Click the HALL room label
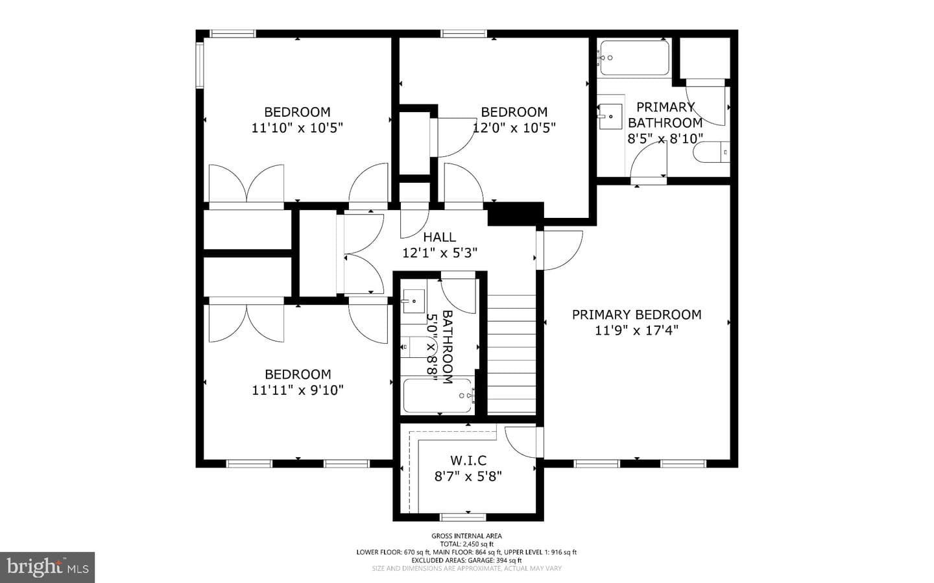pos(440,237)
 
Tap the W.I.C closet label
pos(468,460)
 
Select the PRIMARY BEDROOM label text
pos(636,315)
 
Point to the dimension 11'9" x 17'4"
pos(636,330)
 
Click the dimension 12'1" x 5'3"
pos(440,253)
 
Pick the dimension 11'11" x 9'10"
pos(298,390)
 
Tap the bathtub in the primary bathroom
pos(634,58)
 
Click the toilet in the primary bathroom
pos(712,152)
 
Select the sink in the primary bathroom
pos(610,116)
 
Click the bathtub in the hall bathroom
pos(438,395)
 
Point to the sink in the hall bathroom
pos(413,301)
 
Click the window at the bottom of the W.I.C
pos(463,517)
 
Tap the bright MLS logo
pos(47,567)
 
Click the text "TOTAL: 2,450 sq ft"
pos(466,544)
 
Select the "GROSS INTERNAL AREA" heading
pos(466,536)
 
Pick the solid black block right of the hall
pos(516,214)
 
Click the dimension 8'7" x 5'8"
pos(468,476)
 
